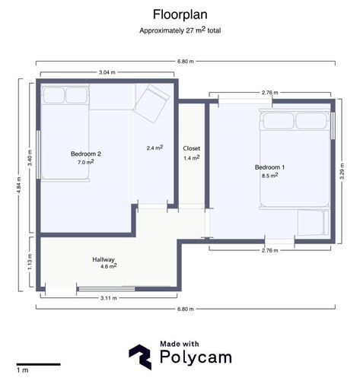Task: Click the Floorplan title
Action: [180, 14]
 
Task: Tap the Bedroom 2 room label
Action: [86, 154]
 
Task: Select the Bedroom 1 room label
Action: [269, 167]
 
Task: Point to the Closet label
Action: [192, 148]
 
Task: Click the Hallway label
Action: [104, 259]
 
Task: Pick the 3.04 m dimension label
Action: [107, 72]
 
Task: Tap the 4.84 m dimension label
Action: [19, 185]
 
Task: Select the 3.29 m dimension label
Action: [342, 171]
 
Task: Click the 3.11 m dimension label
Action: [109, 298]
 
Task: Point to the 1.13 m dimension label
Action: [30, 262]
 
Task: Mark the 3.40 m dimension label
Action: [30, 158]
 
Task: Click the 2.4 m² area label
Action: [155, 148]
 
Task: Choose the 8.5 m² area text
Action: [270, 175]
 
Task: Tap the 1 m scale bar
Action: [39, 364]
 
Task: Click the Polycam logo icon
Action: [140, 357]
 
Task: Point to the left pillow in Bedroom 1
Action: [279, 121]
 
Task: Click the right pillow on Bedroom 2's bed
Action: [77, 95]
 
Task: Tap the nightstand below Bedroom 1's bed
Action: [314, 222]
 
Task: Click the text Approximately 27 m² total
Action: [180, 30]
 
